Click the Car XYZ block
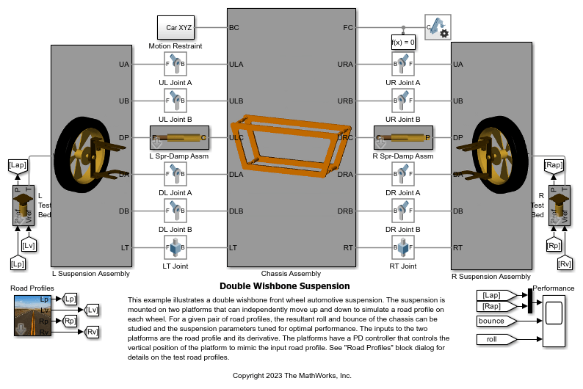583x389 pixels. [179, 27]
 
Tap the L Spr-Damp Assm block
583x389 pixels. [180, 138]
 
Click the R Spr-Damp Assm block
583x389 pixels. [403, 138]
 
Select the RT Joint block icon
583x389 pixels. [403, 248]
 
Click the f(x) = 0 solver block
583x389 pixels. [403, 43]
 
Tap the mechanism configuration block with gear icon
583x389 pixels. [438, 27]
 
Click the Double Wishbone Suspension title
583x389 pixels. [284, 286]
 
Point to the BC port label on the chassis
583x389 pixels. [234, 27]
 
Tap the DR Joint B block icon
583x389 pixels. [403, 211]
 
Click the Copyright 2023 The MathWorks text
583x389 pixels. [291, 375]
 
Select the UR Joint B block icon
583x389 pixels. [403, 101]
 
